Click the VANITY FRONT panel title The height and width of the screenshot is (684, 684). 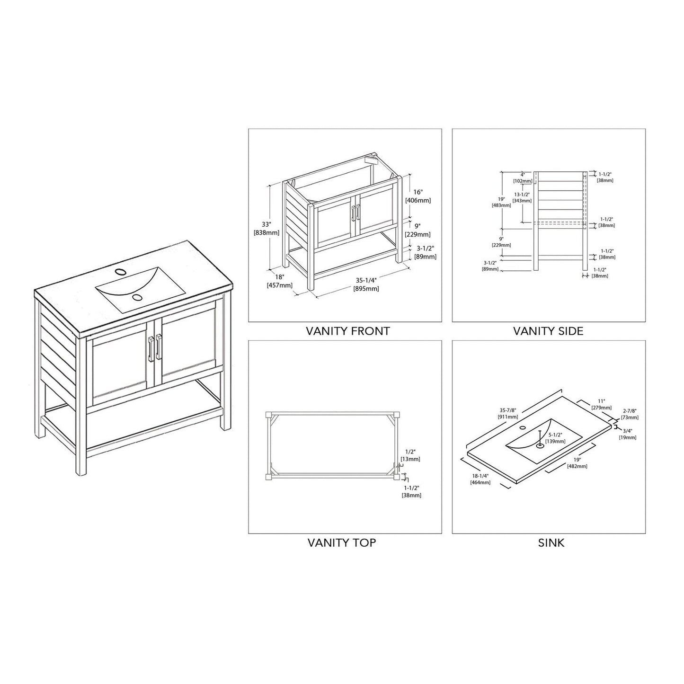[x=347, y=331]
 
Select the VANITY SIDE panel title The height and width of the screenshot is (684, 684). [x=548, y=331]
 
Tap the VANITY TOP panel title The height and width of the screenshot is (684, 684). [x=341, y=542]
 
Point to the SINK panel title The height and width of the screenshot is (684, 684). [x=551, y=542]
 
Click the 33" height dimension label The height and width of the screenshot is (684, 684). [x=267, y=228]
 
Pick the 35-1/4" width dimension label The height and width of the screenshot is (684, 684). [x=367, y=284]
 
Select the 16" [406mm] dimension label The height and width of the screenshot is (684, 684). [x=418, y=196]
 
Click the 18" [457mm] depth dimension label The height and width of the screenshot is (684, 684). [x=280, y=281]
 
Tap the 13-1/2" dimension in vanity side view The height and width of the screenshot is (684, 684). [x=522, y=197]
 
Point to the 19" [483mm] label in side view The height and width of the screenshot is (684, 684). [x=501, y=202]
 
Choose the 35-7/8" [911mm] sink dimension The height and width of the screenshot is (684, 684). [x=507, y=413]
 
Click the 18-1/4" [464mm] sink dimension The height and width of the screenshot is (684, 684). [x=480, y=479]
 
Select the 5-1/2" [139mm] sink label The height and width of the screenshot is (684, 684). [x=555, y=437]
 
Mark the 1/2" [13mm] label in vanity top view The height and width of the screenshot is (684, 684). [x=410, y=455]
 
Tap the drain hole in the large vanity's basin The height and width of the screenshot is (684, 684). [x=137, y=297]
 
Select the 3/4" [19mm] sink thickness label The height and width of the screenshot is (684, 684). [x=628, y=434]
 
